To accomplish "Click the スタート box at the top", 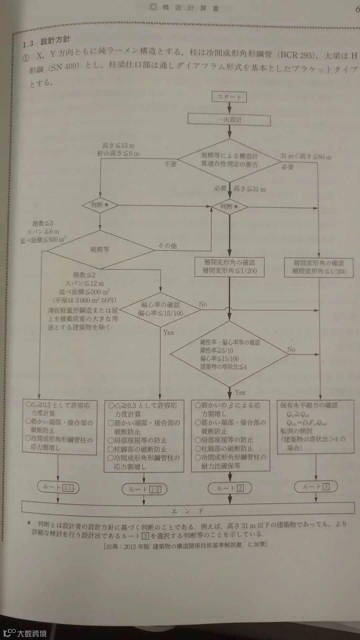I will tap(229, 97).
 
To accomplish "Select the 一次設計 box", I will tap(229, 120).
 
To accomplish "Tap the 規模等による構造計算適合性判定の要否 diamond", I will tap(229, 160).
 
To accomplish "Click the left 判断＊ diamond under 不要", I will tap(100, 205).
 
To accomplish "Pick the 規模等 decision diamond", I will tap(100, 249).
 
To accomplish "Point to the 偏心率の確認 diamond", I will tap(160, 309).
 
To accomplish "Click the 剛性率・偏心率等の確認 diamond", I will tap(229, 354).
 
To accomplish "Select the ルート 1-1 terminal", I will tap(58, 488).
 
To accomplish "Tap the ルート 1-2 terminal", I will tap(144, 489).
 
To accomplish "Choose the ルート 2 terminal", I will tap(230, 488).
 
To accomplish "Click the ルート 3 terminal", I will tap(316, 487).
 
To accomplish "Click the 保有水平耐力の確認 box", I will tap(315, 427).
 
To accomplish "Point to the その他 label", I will tap(167, 246).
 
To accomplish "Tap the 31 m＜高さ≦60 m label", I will tap(306, 156).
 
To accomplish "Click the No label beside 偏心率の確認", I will tap(203, 304).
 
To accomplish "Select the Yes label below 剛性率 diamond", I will tap(240, 392).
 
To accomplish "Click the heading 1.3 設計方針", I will tap(46, 42).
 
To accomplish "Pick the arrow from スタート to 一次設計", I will tap(229, 108).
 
